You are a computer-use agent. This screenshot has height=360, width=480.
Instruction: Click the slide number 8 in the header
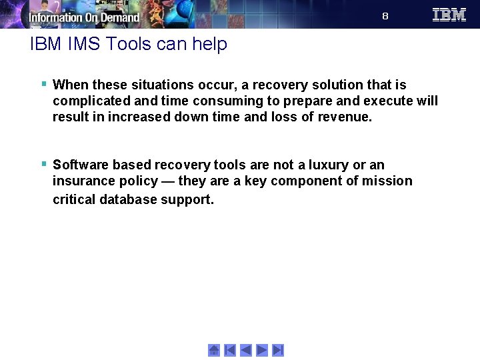point(385,16)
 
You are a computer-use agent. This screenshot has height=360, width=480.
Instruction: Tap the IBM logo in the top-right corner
point(449,15)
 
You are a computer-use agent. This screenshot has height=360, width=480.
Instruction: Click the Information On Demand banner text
point(84,17)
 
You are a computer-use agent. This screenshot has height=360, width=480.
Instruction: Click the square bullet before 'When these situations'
point(43,84)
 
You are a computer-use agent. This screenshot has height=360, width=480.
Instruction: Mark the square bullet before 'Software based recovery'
point(43,164)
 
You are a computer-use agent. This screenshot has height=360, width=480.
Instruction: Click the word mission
point(389,181)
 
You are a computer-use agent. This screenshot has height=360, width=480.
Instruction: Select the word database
point(130,199)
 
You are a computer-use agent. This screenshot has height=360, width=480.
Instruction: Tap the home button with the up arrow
point(214,350)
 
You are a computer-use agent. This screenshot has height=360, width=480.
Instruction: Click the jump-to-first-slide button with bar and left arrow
point(230,350)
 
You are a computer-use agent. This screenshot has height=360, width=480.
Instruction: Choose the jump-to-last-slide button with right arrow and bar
point(278,350)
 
